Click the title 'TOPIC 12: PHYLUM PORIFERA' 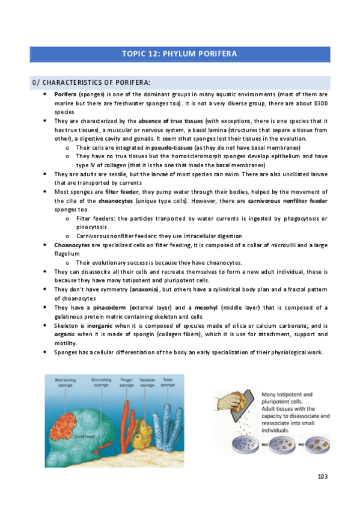pos(180,54)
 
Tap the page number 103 pos(323,477)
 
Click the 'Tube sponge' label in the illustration pos(168,382)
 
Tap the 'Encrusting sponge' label pos(101,382)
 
